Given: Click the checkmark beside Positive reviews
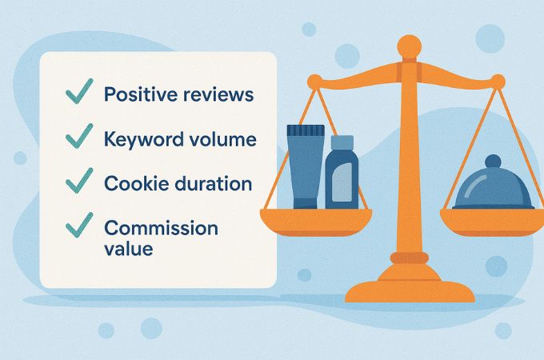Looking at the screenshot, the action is click(79, 91).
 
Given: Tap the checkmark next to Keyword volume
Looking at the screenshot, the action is click(79, 136).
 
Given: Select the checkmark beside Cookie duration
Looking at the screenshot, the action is click(79, 181).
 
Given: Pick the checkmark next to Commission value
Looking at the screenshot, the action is click(79, 225).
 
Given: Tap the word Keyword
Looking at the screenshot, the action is click(144, 139).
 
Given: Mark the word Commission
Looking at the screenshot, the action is click(161, 228).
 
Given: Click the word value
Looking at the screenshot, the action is click(128, 249).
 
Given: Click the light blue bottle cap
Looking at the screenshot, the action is click(342, 142).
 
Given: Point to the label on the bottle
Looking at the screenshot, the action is click(342, 182).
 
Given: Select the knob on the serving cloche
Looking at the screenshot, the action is click(493, 162).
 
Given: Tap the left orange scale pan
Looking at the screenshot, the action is click(316, 222).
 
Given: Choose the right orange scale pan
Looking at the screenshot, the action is click(493, 222).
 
